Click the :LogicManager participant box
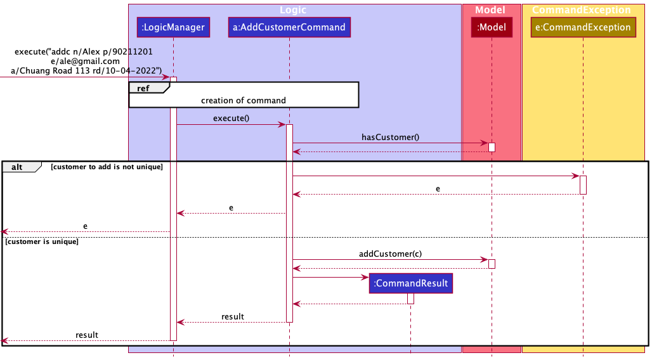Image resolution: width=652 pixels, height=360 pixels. (x=173, y=27)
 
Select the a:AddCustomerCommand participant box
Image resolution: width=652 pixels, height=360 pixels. (x=289, y=27)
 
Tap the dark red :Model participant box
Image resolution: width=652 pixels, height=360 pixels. (x=492, y=27)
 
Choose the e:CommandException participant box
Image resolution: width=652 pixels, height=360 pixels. (x=582, y=27)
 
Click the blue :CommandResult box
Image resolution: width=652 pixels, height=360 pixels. (x=410, y=283)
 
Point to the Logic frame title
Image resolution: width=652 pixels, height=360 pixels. (x=293, y=10)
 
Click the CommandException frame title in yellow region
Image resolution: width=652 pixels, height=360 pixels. (x=581, y=10)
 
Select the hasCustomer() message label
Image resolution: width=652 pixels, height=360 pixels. (x=390, y=136)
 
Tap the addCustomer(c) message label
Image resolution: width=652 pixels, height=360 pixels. (x=390, y=254)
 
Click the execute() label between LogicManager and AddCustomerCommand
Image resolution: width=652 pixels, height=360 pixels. (x=231, y=118)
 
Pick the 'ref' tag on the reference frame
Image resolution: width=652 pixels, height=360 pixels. (x=143, y=88)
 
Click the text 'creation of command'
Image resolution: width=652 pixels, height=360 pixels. (x=244, y=100)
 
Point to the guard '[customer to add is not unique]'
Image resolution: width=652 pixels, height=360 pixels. (x=107, y=167)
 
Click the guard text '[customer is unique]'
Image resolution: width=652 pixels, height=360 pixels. (x=41, y=242)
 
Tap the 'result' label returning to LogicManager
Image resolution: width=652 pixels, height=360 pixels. (x=232, y=316)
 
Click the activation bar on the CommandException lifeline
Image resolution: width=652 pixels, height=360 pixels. (x=583, y=184)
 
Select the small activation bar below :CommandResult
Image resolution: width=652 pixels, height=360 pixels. (x=410, y=298)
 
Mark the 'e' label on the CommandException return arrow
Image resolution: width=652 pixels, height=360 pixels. (x=438, y=189)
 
